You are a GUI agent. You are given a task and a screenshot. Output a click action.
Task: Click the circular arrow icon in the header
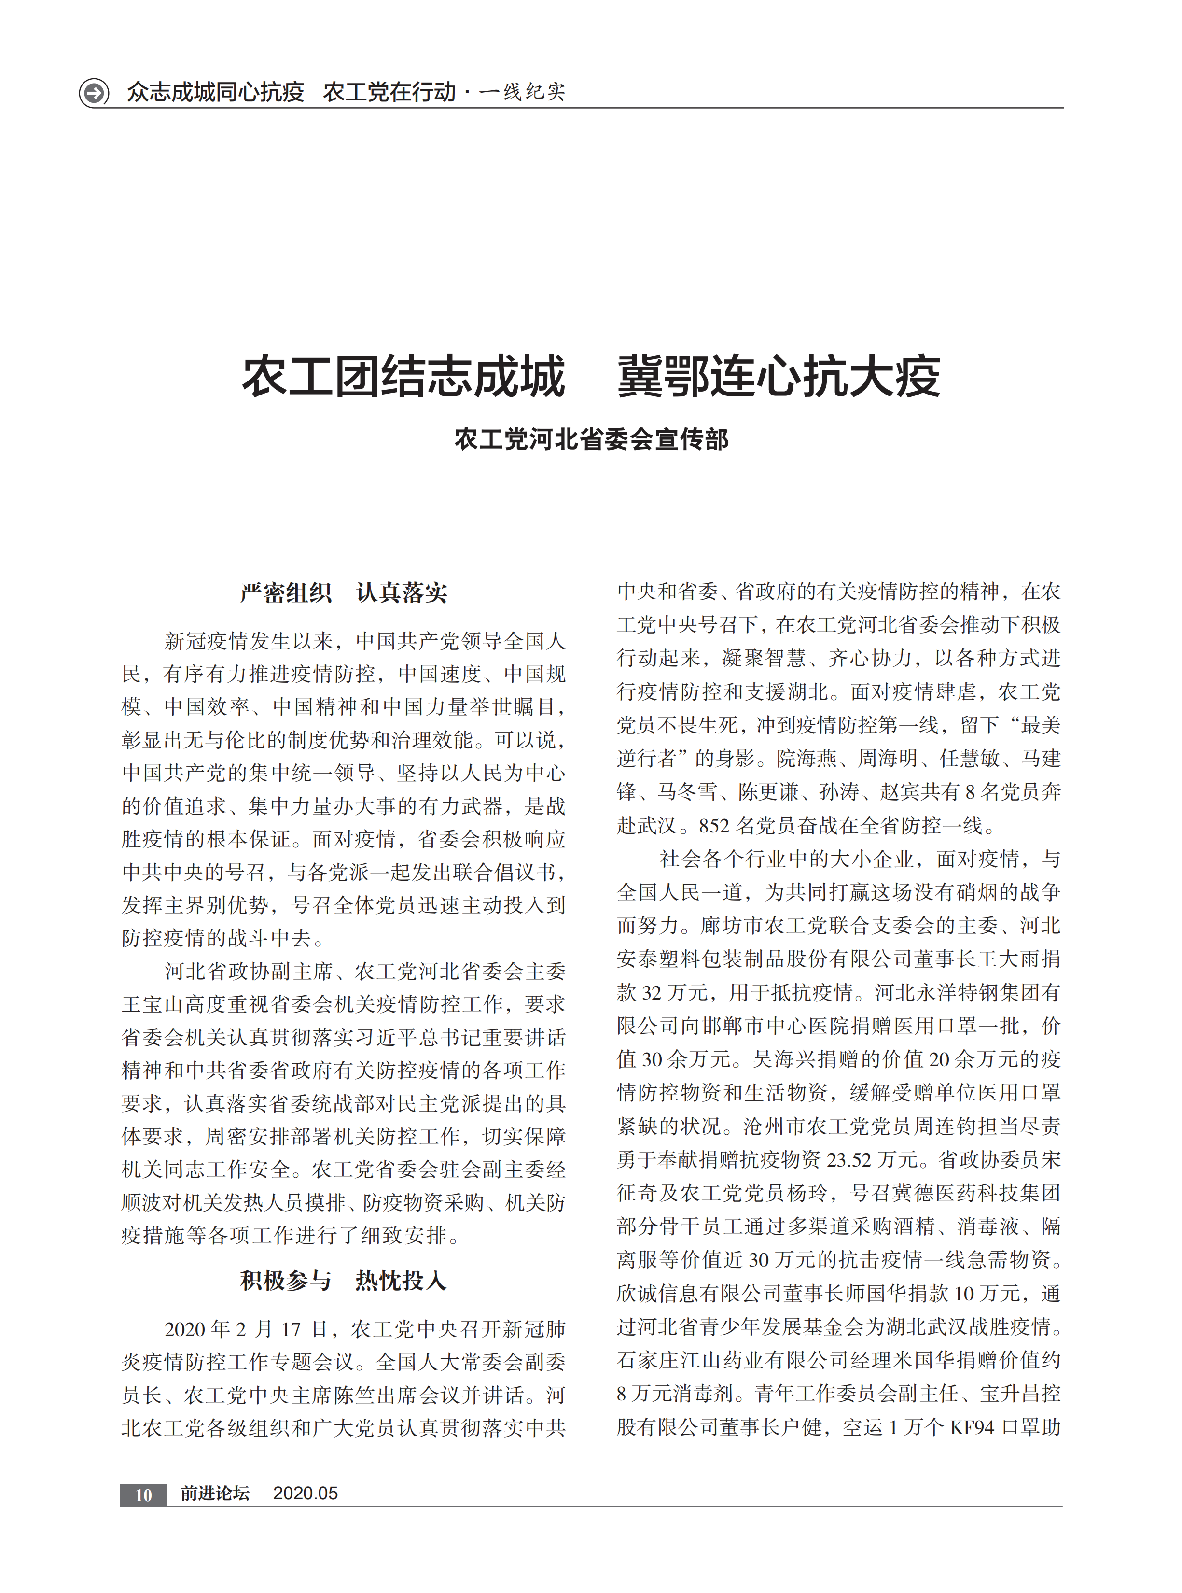point(94,92)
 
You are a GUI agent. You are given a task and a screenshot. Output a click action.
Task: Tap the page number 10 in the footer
point(143,1494)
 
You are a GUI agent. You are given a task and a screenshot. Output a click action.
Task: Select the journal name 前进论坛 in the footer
point(215,1493)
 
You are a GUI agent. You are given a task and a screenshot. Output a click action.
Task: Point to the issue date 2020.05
point(306,1493)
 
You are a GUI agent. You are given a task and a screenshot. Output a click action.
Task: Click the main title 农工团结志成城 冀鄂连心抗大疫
point(591,377)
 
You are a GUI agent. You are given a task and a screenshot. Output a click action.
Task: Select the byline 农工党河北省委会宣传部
point(591,438)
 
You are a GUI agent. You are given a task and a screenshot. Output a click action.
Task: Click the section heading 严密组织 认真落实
point(344,592)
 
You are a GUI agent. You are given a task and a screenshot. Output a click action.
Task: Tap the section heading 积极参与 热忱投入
point(344,1280)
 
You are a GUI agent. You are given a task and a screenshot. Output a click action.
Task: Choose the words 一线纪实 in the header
point(522,92)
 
